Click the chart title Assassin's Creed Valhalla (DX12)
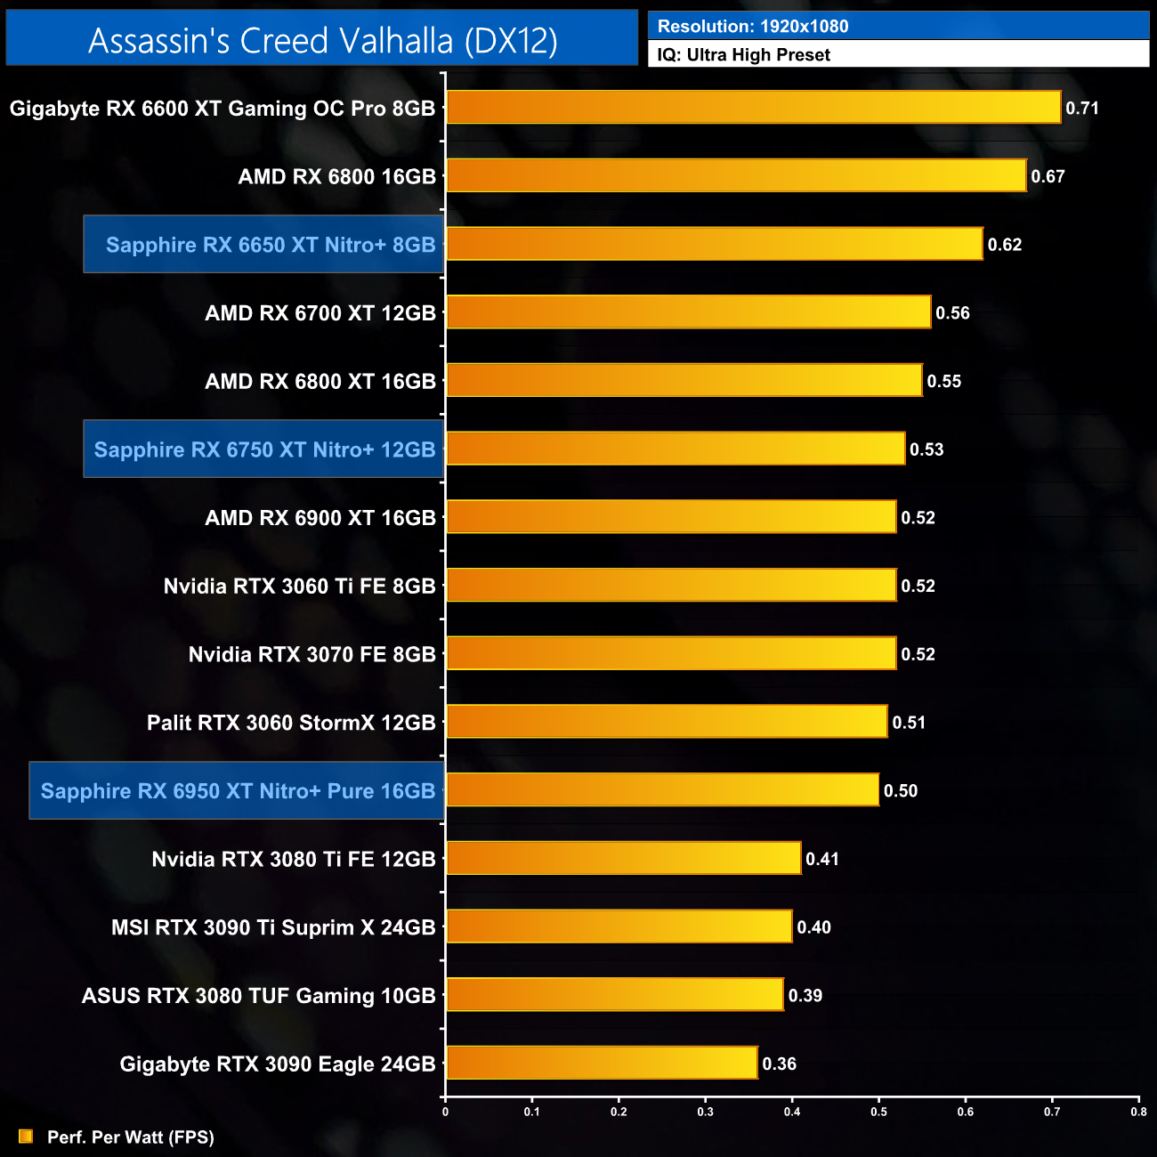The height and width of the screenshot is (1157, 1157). click(322, 40)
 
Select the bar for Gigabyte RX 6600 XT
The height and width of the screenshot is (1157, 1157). click(753, 108)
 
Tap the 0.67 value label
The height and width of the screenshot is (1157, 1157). click(1048, 176)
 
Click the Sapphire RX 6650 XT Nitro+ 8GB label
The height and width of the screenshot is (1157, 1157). click(271, 245)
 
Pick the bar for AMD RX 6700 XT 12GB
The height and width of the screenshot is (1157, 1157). click(688, 312)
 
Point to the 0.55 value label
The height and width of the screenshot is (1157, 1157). click(943, 381)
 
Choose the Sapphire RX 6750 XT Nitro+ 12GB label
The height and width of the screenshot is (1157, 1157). click(264, 449)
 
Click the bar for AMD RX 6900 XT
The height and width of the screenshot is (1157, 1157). click(671, 517)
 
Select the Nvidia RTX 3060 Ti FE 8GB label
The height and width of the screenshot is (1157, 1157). click(299, 586)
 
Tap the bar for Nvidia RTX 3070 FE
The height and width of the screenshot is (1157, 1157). click(671, 654)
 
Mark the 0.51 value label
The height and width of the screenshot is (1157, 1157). click(909, 722)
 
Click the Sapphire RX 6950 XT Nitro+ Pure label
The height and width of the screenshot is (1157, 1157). click(238, 790)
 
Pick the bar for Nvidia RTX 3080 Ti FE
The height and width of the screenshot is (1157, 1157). click(623, 859)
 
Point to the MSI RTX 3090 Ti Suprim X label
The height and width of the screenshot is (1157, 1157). click(273, 927)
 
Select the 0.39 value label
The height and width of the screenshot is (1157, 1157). click(805, 995)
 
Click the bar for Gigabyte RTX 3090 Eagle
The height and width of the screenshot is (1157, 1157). click(602, 1064)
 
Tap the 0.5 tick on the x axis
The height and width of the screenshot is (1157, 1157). click(878, 1111)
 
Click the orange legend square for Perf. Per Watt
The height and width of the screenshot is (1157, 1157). click(26, 1137)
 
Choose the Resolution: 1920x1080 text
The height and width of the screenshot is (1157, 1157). click(753, 26)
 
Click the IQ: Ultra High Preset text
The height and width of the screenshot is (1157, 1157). click(743, 54)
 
